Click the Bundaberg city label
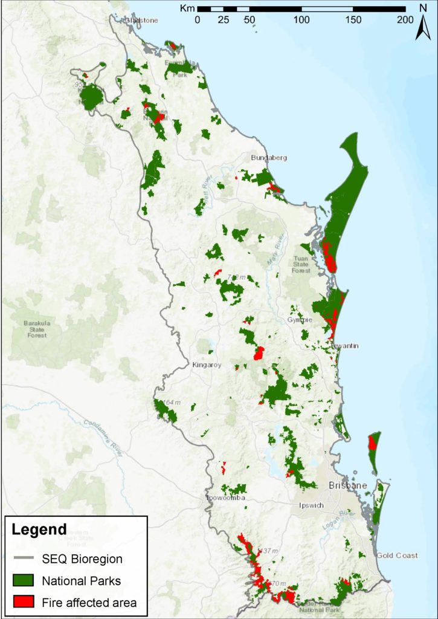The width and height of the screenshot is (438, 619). [269, 158]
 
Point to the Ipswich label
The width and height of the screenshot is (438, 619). [312, 505]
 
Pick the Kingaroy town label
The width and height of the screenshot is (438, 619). [207, 365]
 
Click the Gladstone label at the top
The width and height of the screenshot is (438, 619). [141, 20]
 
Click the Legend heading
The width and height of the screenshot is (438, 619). [39, 530]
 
